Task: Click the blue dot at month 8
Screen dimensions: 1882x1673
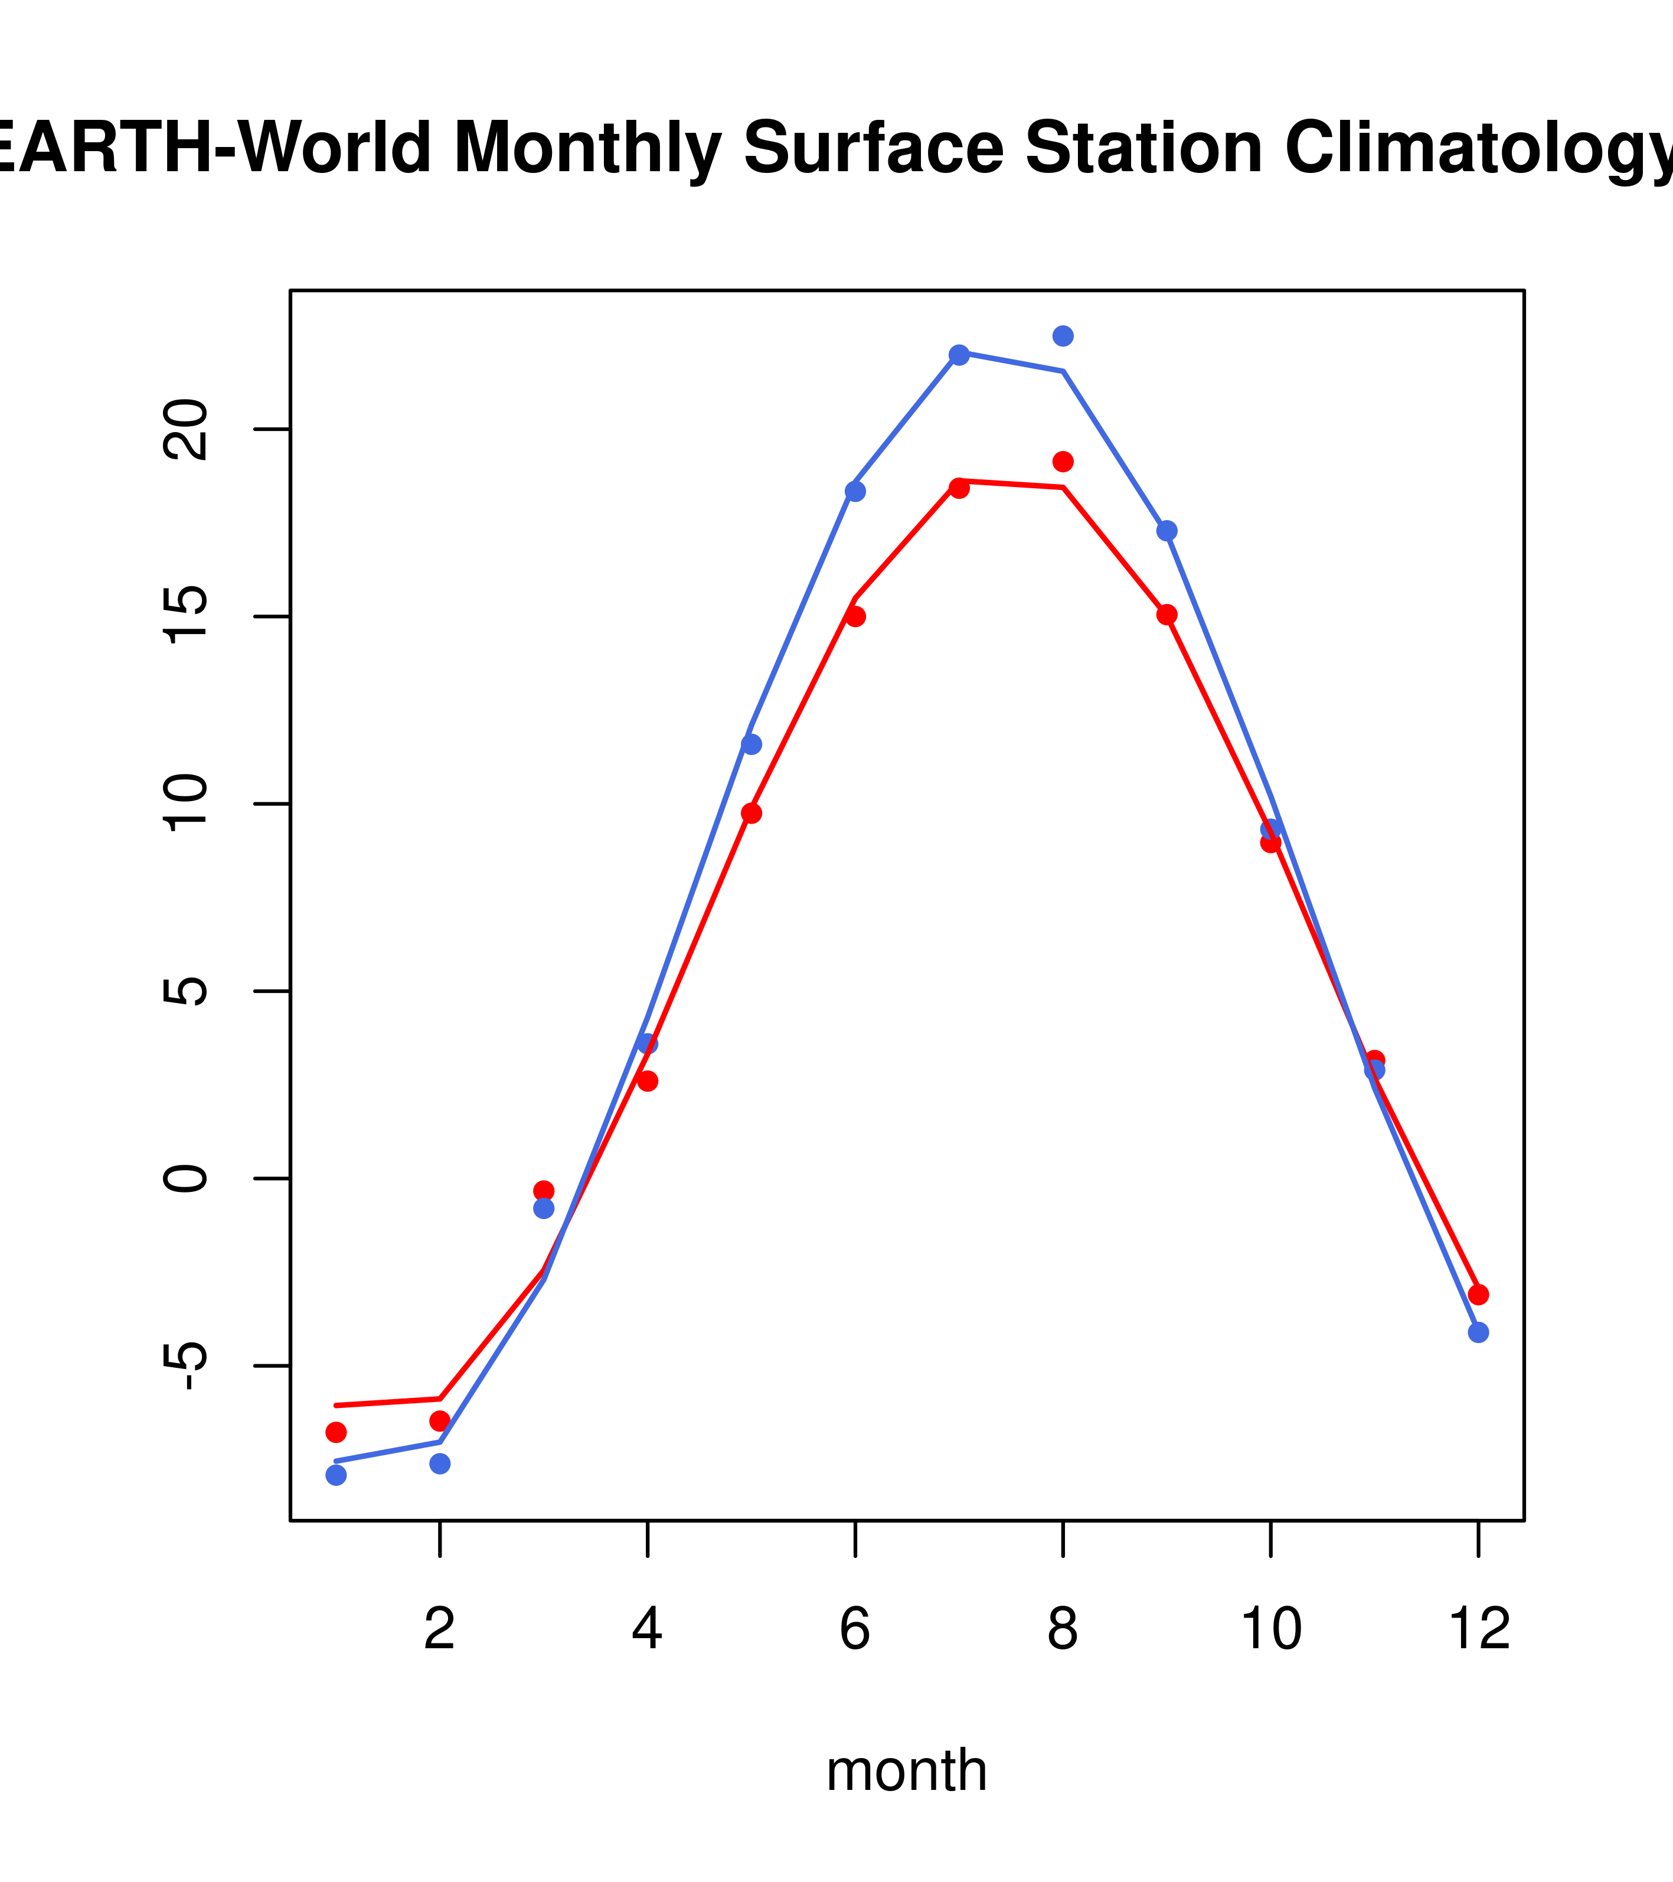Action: pos(1063,336)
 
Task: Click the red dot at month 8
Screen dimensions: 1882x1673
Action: pos(1063,461)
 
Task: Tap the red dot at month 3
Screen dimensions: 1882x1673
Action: pos(543,1191)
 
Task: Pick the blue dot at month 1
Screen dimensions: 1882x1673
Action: pos(336,1475)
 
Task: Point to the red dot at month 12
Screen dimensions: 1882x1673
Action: pos(1478,1295)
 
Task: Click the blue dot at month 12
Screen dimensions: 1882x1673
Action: pos(1478,1332)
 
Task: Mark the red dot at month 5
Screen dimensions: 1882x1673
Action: pos(751,813)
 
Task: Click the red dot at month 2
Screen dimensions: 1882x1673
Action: pos(440,1421)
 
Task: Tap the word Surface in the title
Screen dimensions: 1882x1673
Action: pos(873,148)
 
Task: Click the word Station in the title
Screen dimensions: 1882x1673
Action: pos(1143,148)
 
